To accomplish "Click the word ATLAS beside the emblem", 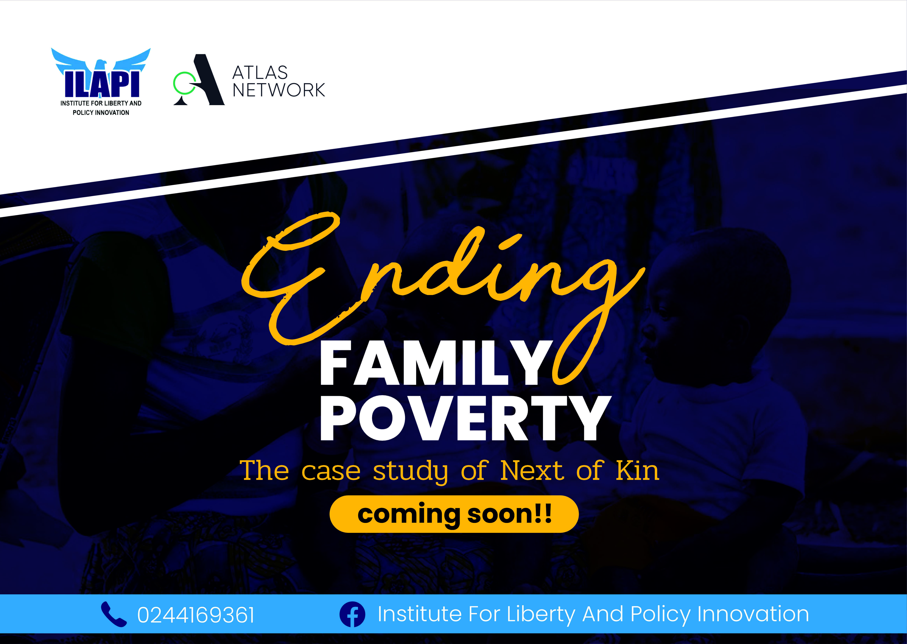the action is (x=260, y=73).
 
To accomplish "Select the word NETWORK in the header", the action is (x=279, y=90).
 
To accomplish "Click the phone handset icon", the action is (x=114, y=614).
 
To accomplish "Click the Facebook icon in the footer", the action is (x=352, y=614).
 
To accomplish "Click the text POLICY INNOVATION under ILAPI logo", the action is (x=101, y=113).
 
